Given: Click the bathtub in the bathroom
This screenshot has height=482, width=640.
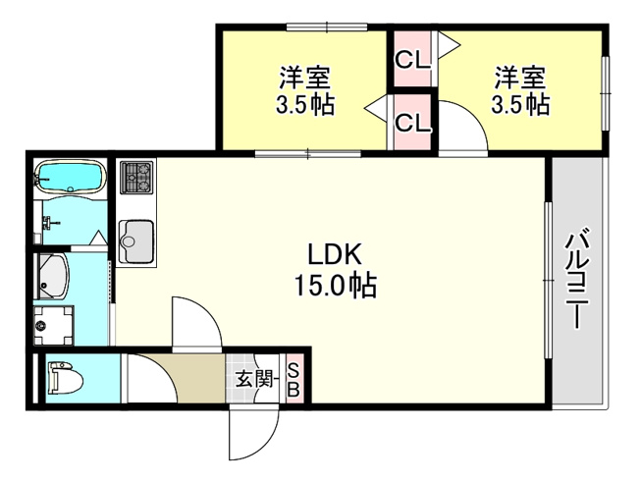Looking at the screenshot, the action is tap(71, 176).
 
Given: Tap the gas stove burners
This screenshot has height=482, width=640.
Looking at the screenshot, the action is tap(136, 177).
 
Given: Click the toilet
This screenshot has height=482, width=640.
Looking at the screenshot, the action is tap(66, 379).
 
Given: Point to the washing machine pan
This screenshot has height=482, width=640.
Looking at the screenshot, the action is tap(53, 325).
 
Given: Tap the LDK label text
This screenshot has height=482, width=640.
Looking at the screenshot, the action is tap(335, 254).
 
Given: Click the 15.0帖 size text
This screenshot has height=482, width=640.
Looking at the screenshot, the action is tap(335, 286).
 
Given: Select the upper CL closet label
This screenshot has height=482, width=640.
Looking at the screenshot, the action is tap(412, 61).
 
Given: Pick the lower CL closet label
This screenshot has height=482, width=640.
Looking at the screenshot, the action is tap(413, 123).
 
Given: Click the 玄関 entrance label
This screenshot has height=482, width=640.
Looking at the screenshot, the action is tap(255, 380).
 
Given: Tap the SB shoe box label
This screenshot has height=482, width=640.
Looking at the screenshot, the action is tap(293, 380).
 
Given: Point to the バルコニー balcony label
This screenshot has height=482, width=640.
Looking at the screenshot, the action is tap(577, 279).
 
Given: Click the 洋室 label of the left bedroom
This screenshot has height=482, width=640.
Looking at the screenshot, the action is tap(304, 78).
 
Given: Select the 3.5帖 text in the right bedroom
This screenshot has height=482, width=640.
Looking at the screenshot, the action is tap(520, 105).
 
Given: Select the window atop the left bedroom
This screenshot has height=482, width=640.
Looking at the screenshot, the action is tap(327, 27).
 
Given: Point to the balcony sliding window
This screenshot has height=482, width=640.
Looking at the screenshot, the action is tap(548, 281).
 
